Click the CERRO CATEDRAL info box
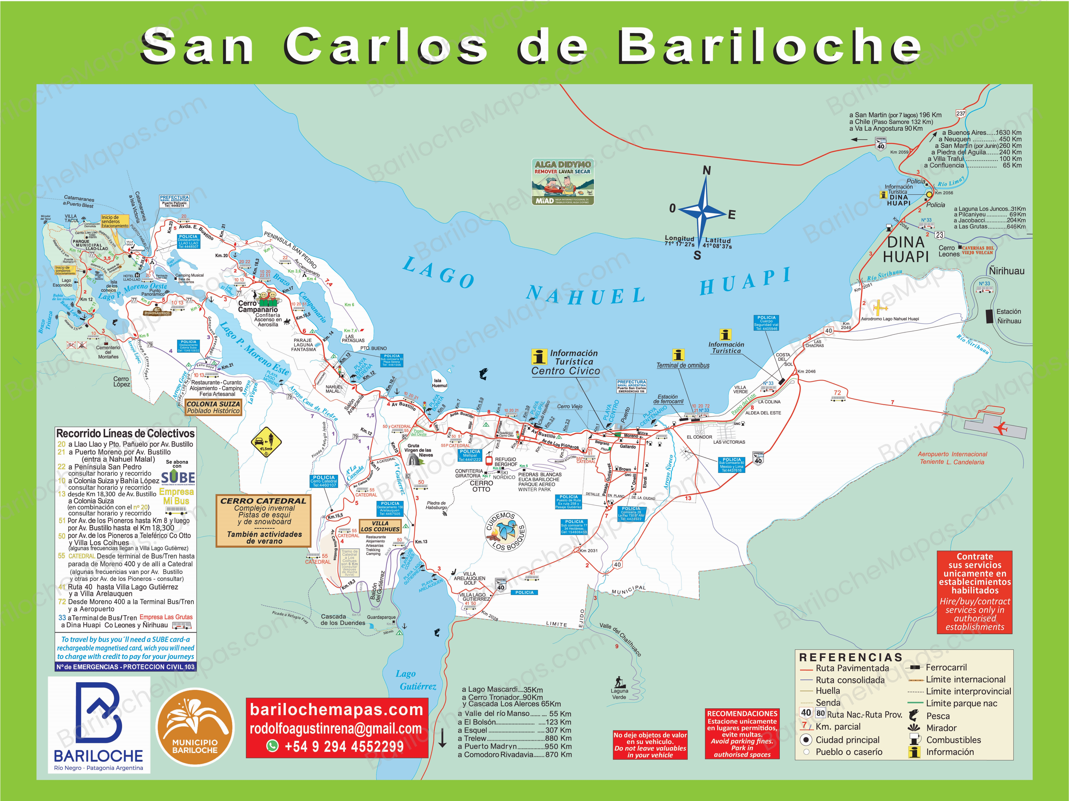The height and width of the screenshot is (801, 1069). tap(263, 520)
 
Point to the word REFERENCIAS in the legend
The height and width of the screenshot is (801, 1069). tap(851, 658)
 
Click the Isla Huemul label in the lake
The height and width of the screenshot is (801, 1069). tap(439, 383)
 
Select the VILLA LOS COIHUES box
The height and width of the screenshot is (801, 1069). tap(380, 526)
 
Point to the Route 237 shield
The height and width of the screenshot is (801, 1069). tap(960, 114)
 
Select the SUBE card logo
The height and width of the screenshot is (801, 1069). tap(178, 478)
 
